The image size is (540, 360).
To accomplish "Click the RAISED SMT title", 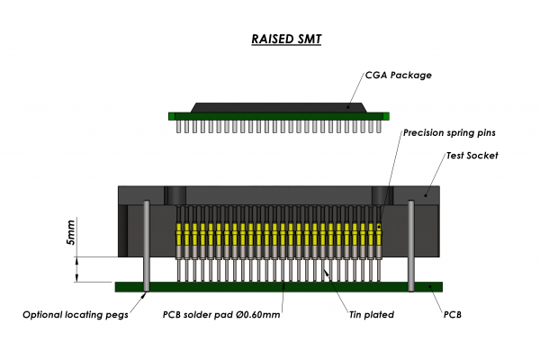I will pos(269,40).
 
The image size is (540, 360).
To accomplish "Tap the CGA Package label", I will pos(400,75).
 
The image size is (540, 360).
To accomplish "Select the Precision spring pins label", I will pos(449,132).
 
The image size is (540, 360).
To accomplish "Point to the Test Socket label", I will pos(472,156).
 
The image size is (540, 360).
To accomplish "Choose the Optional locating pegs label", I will pos(76,315).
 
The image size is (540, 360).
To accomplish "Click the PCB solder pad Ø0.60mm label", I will pos(221,315).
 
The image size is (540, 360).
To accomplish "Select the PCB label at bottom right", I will pos(454,315).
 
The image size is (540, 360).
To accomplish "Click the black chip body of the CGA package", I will pos(278,106).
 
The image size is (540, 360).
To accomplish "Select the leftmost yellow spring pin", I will pos(179,236).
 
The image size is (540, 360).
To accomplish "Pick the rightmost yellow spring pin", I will pos(379,236).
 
